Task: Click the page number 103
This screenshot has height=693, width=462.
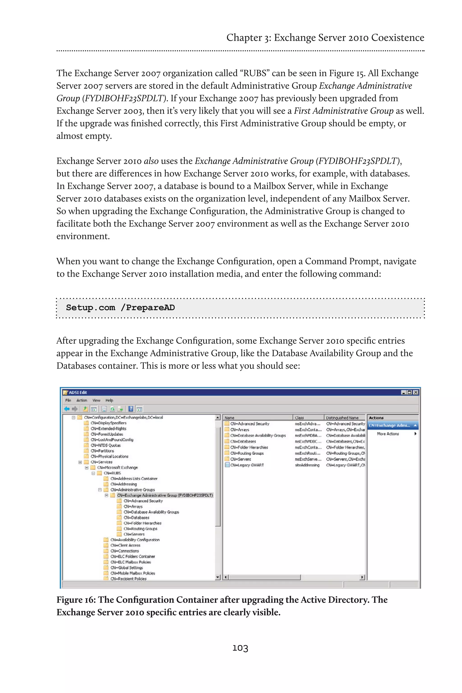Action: pyautogui.click(x=240, y=648)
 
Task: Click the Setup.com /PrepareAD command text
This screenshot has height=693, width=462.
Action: pyautogui.click(x=120, y=308)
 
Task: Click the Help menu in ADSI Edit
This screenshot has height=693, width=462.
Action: pyautogui.click(x=109, y=400)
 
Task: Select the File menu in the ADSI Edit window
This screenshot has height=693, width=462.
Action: pyautogui.click(x=68, y=400)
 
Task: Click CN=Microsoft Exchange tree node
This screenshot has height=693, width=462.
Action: pyautogui.click(x=117, y=467)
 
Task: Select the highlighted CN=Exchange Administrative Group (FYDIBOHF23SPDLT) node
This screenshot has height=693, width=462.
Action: pyautogui.click(x=165, y=495)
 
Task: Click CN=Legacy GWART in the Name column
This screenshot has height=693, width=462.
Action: pyautogui.click(x=247, y=465)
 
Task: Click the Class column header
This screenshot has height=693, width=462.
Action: pyautogui.click(x=299, y=418)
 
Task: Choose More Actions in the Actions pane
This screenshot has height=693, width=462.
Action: pyautogui.click(x=388, y=434)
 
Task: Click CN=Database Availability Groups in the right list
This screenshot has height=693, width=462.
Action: pyautogui.click(x=258, y=435)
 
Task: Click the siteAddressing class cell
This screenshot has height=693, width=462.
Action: pyautogui.click(x=307, y=465)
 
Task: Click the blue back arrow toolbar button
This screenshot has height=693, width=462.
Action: pyautogui.click(x=67, y=409)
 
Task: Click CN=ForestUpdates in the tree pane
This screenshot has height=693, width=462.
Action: pyautogui.click(x=107, y=434)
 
